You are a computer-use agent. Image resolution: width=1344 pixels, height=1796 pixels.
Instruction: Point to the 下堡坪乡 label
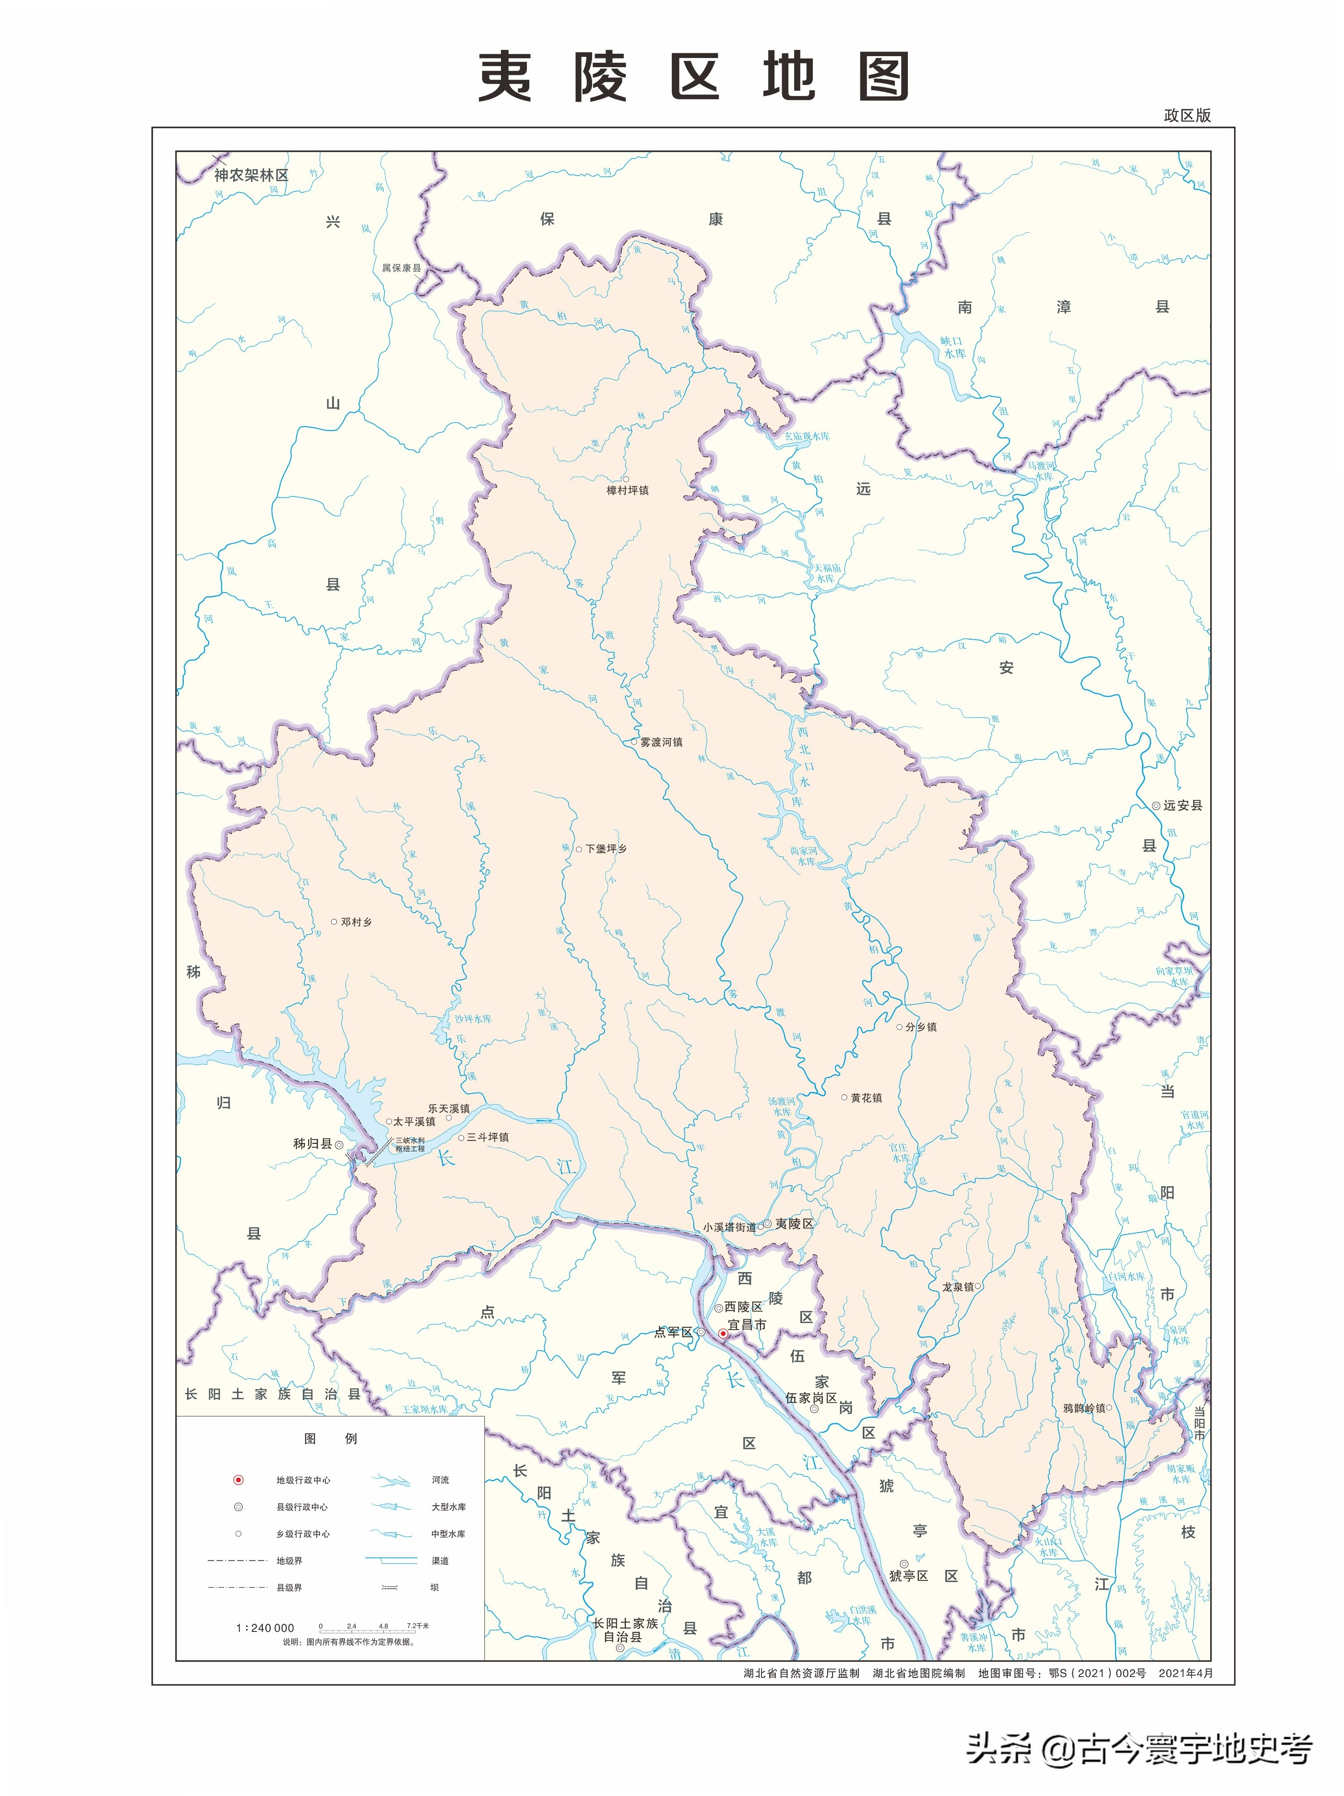(x=606, y=848)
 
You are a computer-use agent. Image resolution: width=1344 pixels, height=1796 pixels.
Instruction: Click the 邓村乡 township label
(x=356, y=922)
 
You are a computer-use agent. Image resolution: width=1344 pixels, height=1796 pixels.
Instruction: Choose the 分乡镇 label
(x=921, y=1026)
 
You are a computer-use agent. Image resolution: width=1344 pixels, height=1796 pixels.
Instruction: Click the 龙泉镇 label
(x=957, y=1287)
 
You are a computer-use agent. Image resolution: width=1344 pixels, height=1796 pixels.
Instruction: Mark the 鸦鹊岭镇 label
(x=1084, y=1408)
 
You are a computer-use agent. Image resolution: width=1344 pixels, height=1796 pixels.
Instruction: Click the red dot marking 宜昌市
(x=723, y=1333)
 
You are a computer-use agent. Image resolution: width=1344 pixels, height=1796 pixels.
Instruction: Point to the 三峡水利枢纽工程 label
(x=410, y=1144)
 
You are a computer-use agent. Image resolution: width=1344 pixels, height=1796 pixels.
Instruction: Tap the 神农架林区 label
(x=251, y=175)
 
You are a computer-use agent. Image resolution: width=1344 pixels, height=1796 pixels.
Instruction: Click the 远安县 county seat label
(x=1182, y=806)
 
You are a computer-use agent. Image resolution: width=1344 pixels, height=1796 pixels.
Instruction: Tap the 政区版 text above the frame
(x=1187, y=115)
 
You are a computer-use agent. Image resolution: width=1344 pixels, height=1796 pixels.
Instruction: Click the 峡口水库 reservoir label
(x=952, y=347)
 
